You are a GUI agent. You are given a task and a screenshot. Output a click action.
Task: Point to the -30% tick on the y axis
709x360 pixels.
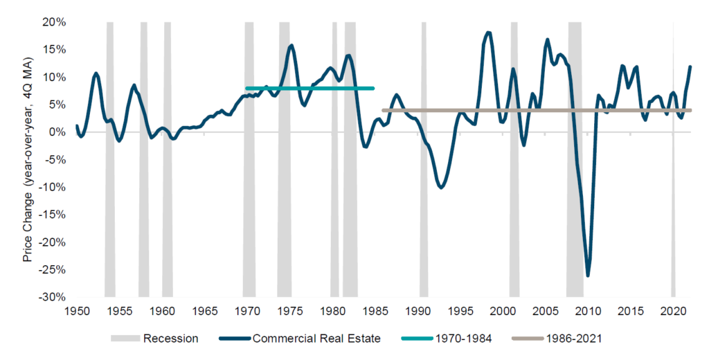point(54,298)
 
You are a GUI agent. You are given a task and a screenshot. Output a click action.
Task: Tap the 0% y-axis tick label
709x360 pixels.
point(58,132)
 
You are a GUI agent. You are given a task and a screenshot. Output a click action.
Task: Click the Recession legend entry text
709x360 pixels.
point(171,339)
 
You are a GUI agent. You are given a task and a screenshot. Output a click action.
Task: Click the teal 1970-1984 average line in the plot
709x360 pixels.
point(312,88)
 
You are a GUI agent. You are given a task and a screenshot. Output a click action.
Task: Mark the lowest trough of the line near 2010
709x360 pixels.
point(588,276)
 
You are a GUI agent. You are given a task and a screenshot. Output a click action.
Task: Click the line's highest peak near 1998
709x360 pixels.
point(489,32)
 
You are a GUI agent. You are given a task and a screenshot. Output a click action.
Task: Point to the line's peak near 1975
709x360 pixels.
point(291,45)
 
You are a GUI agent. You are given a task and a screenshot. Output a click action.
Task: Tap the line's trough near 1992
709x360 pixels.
point(440,188)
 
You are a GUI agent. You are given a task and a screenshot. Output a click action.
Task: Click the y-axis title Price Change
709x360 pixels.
point(28,159)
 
